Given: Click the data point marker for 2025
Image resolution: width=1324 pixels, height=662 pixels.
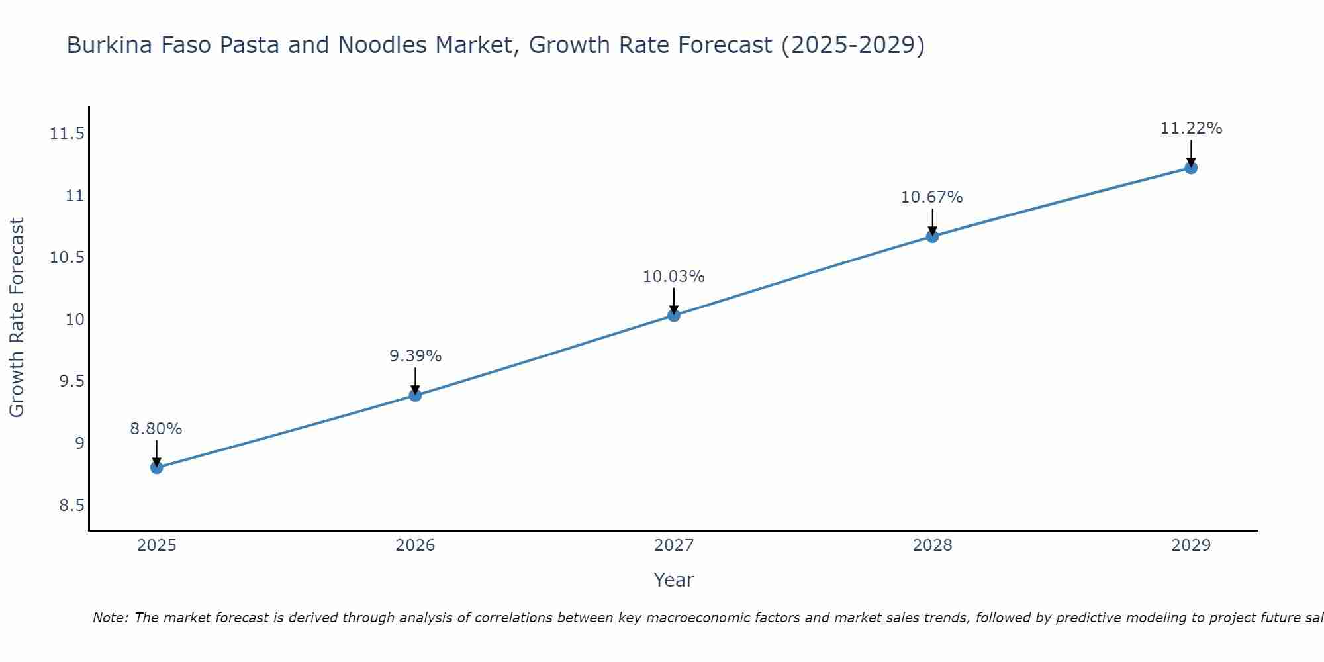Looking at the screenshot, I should coord(156,467).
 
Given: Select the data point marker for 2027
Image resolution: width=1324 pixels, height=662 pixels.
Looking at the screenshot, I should coord(674,315).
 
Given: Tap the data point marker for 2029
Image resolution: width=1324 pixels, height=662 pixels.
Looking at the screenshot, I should coord(1191,167).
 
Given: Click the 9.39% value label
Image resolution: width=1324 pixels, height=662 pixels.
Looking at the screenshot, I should coord(415,356).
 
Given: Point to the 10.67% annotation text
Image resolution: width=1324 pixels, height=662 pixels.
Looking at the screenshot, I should coord(932,197).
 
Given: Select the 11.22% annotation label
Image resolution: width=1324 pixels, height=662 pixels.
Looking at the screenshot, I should coord(1191,128).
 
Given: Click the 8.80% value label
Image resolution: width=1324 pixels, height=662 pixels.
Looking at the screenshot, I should coord(156,429).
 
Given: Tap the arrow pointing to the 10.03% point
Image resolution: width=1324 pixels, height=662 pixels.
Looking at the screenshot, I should coord(674,301).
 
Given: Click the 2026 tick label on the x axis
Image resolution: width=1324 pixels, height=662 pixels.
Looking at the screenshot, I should coord(415,545).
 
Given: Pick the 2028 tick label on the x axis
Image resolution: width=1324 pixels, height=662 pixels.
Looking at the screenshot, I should coord(932,545).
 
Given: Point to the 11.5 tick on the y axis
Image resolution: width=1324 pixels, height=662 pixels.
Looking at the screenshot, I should coord(68,134).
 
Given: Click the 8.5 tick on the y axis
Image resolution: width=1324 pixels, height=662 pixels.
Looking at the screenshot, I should coord(72,506).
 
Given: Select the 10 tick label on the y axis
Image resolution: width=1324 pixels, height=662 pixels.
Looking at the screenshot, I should coord(75,320).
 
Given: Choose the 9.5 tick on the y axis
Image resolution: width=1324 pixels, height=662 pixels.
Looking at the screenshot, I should coord(72,381).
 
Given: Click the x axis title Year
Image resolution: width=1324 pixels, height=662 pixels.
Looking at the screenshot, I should coord(673,580).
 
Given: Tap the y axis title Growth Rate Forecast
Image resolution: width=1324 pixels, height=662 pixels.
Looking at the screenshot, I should coord(17,318).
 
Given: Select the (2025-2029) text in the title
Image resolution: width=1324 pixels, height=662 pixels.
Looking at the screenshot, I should coord(853,46).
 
